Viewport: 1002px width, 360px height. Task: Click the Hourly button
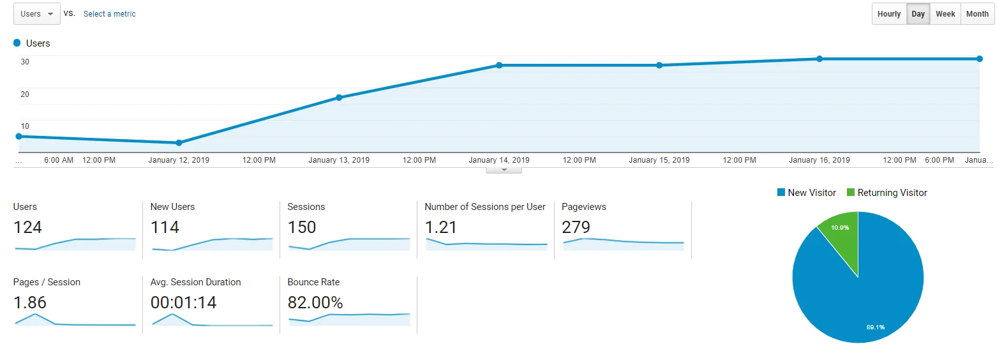(x=889, y=14)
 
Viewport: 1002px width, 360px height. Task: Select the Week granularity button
(x=945, y=14)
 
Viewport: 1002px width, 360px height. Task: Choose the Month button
(x=977, y=14)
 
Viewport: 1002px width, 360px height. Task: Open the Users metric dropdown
(x=36, y=14)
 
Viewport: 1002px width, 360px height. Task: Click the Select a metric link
(x=109, y=14)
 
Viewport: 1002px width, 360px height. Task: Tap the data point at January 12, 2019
(x=179, y=142)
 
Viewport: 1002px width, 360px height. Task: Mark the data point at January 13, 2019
(x=339, y=98)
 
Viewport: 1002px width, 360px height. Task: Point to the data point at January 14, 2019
(x=499, y=65)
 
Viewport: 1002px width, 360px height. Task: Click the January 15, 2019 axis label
(x=659, y=160)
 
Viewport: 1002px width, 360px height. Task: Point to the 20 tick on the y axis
(x=25, y=94)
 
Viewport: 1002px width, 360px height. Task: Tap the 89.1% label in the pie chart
(x=876, y=327)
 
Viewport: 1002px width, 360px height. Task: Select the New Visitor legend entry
(x=807, y=193)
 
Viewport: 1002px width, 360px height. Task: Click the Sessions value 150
(x=302, y=227)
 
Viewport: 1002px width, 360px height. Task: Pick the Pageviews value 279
(x=576, y=227)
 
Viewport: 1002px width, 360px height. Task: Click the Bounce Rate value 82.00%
(x=315, y=303)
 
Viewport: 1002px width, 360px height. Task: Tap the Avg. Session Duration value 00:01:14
(x=183, y=303)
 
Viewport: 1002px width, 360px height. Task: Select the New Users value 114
(x=165, y=227)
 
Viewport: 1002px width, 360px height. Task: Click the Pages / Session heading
(x=47, y=282)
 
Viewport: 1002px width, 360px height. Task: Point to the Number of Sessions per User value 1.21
(x=440, y=227)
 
